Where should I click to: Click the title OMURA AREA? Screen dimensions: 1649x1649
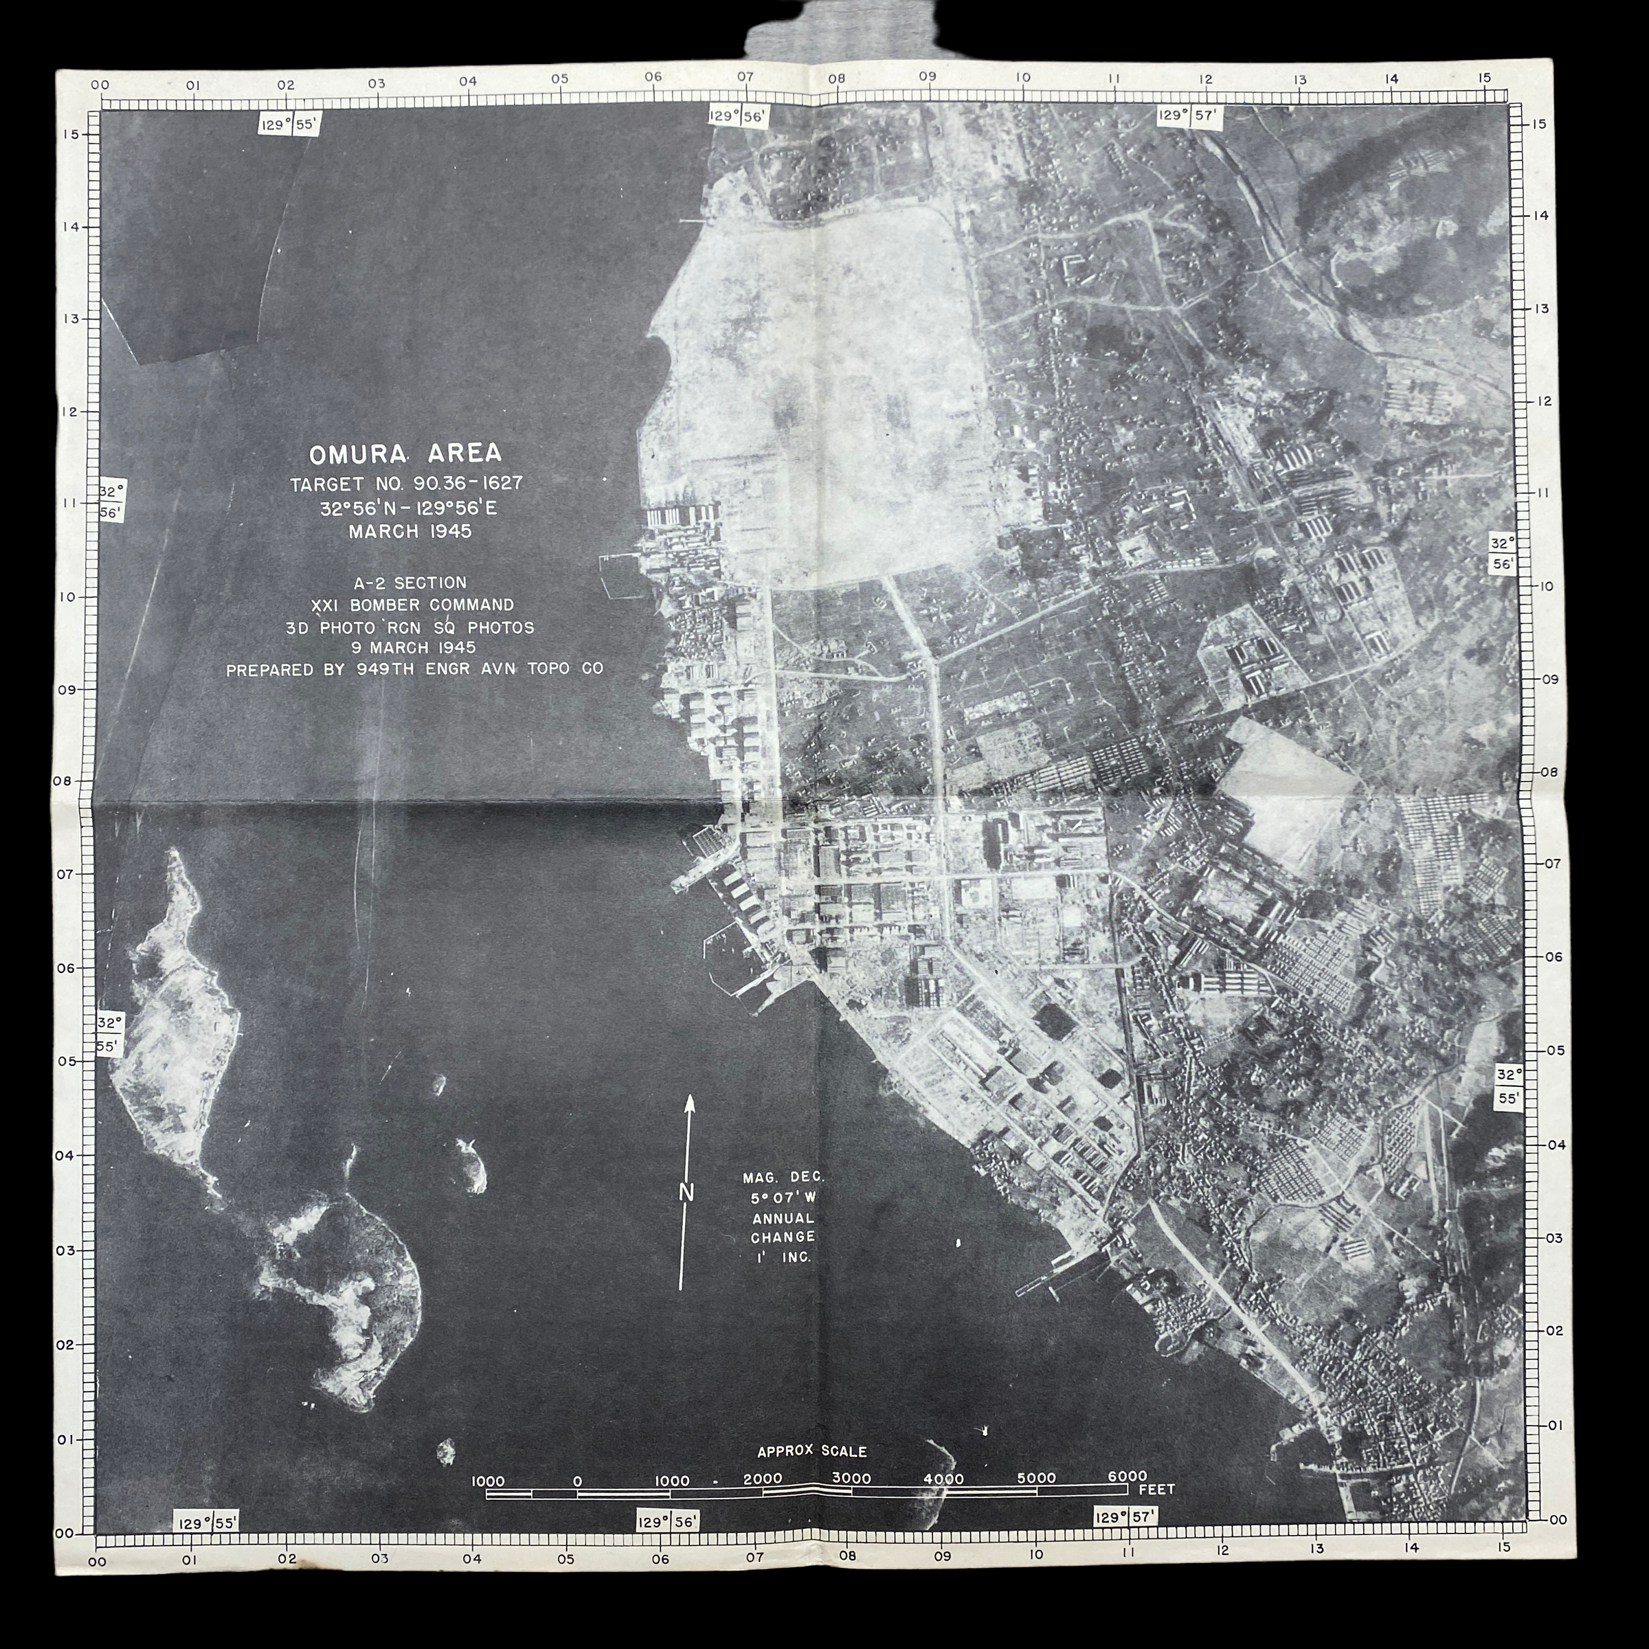(405, 452)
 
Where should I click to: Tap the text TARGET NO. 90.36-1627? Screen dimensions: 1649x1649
(406, 484)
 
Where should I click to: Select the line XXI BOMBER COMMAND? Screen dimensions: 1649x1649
(413, 605)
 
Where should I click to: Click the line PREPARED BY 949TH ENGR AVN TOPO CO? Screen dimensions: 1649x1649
(415, 670)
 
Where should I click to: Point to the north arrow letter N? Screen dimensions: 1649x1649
(686, 1192)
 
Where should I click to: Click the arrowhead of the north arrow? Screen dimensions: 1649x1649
(690, 1103)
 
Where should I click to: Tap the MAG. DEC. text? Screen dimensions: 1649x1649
(783, 1178)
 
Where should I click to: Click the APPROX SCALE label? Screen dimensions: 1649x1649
(811, 1451)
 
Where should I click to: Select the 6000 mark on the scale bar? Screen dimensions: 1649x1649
(1127, 1477)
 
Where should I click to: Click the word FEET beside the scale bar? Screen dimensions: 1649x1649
(1156, 1490)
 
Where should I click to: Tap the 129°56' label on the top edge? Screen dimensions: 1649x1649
(727, 115)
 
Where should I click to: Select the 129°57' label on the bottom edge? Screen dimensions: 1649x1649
(1125, 1516)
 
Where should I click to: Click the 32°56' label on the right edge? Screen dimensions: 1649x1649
(1502, 553)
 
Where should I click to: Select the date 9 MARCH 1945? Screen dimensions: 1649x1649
(413, 648)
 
